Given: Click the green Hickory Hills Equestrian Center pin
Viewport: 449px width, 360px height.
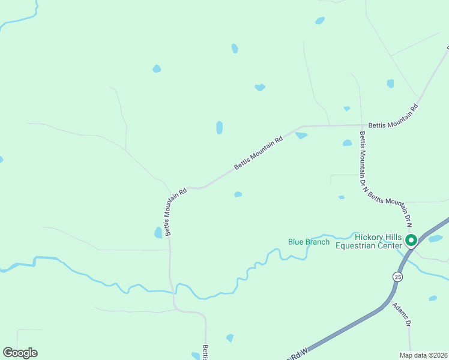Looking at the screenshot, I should coord(411,241).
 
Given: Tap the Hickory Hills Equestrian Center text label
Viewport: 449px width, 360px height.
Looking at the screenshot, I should coord(368,241).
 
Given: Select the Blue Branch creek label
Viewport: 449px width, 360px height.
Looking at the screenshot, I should coord(309,242).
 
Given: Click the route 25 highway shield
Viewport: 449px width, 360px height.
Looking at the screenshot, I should coord(397,277).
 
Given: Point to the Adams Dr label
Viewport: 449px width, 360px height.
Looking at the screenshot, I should coord(402,314).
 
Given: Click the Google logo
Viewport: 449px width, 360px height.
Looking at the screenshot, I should coord(20,353).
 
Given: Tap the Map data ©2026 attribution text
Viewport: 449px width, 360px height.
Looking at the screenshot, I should coord(423,355).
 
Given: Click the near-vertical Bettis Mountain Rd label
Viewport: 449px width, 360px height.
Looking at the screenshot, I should coord(175,211).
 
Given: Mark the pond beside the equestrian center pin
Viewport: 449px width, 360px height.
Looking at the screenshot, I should coord(435,239).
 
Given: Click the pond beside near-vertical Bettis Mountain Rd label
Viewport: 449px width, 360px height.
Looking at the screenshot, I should coord(158,232).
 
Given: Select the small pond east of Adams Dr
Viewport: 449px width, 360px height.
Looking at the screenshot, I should coord(433,298).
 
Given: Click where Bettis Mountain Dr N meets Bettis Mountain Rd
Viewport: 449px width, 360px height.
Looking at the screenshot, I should coord(361,126).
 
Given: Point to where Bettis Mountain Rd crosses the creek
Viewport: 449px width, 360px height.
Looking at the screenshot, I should coord(172,292).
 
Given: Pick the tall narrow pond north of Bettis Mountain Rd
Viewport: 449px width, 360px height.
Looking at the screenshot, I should coord(220,127).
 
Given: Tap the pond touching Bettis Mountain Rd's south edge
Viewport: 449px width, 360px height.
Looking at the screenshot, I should coord(301,136).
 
